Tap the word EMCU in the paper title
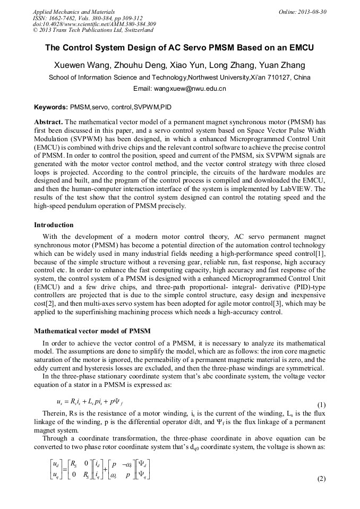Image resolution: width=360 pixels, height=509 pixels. [x=301, y=48]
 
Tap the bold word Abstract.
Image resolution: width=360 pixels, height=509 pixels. [x=49, y=122]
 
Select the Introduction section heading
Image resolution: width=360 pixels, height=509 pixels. [x=55, y=225]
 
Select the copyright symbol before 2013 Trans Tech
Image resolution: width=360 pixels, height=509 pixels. [x=35, y=31]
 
